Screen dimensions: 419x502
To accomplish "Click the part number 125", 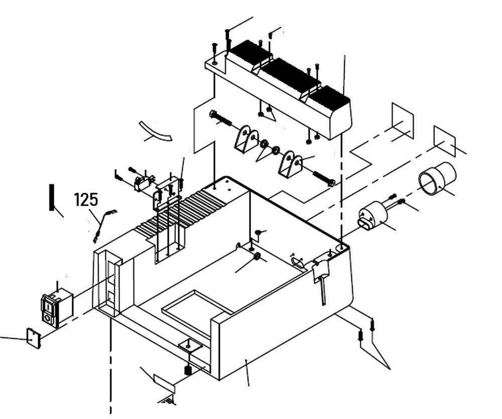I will [86, 199].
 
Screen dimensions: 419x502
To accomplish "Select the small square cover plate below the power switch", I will [33, 338].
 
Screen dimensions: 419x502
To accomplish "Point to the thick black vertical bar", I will [51, 197].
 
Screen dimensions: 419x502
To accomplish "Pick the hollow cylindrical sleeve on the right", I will [437, 179].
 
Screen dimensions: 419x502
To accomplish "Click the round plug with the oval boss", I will [372, 217].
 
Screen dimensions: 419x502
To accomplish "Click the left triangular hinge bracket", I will [246, 139].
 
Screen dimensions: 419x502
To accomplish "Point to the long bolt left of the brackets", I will [221, 119].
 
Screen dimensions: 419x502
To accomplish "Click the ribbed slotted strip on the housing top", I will [171, 217].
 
